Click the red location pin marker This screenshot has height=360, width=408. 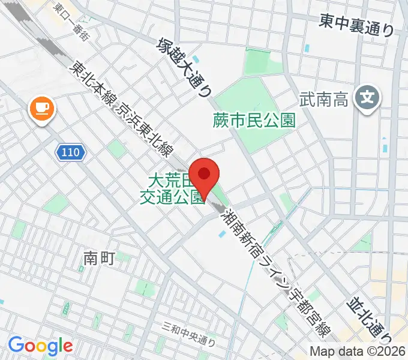[x=205, y=176]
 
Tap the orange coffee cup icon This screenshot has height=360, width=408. [x=41, y=109]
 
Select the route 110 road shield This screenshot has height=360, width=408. [x=71, y=153]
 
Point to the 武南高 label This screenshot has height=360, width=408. [x=325, y=97]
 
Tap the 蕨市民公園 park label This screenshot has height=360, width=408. [x=254, y=121]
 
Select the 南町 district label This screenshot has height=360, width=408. [x=98, y=258]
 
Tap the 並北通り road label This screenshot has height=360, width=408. [x=370, y=317]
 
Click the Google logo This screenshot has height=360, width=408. [x=40, y=346]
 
